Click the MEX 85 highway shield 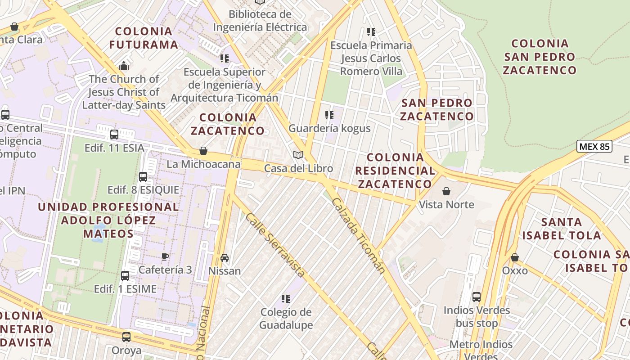pyautogui.click(x=594, y=146)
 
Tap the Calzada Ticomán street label pyautogui.click(x=359, y=235)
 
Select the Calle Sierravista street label pyautogui.click(x=275, y=244)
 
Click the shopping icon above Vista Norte pyautogui.click(x=446, y=192)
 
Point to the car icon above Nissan pyautogui.click(x=225, y=258)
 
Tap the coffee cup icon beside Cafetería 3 pyautogui.click(x=165, y=256)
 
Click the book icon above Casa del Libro pyautogui.click(x=298, y=155)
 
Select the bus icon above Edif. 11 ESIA pyautogui.click(x=114, y=134)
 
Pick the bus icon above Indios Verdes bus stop pyautogui.click(x=477, y=297)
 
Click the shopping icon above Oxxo pyautogui.click(x=515, y=258)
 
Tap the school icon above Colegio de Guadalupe pyautogui.click(x=285, y=299)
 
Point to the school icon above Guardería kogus pyautogui.click(x=329, y=115)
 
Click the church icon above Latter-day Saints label pyautogui.click(x=124, y=66)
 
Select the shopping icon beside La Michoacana pyautogui.click(x=203, y=151)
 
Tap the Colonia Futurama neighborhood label pyautogui.click(x=144, y=38)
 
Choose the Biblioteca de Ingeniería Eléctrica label pyautogui.click(x=260, y=21)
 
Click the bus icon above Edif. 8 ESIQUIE pyautogui.click(x=143, y=177)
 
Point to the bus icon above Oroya pyautogui.click(x=126, y=337)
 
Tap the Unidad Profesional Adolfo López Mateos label pyautogui.click(x=108, y=220)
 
